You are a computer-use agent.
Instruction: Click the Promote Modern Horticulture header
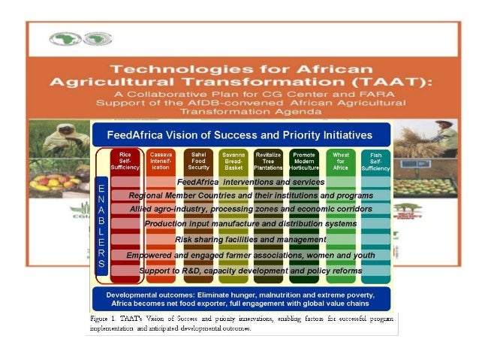point(303,162)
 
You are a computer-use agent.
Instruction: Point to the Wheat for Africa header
point(341,162)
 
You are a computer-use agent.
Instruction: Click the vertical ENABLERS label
point(101,225)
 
